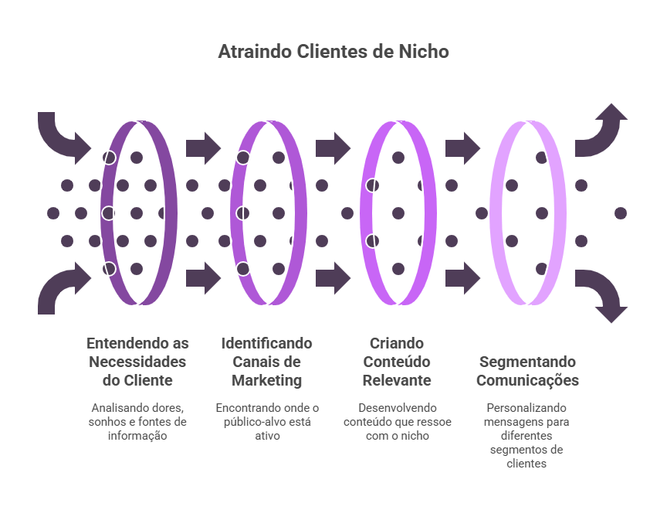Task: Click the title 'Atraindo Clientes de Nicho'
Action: point(333,53)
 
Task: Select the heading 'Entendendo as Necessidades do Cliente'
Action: point(137,362)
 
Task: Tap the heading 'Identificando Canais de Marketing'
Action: point(266,362)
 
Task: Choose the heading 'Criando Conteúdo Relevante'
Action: point(397,362)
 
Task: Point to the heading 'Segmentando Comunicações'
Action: point(527,371)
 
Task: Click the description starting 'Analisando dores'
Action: point(137,421)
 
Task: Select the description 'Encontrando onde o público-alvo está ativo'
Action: point(266,421)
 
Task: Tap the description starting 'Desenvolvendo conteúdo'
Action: point(397,421)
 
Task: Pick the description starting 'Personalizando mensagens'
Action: point(527,435)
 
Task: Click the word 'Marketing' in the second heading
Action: point(266,381)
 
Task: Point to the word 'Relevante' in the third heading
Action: point(397,381)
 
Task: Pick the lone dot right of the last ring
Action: point(620,212)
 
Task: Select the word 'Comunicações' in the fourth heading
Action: point(527,381)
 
